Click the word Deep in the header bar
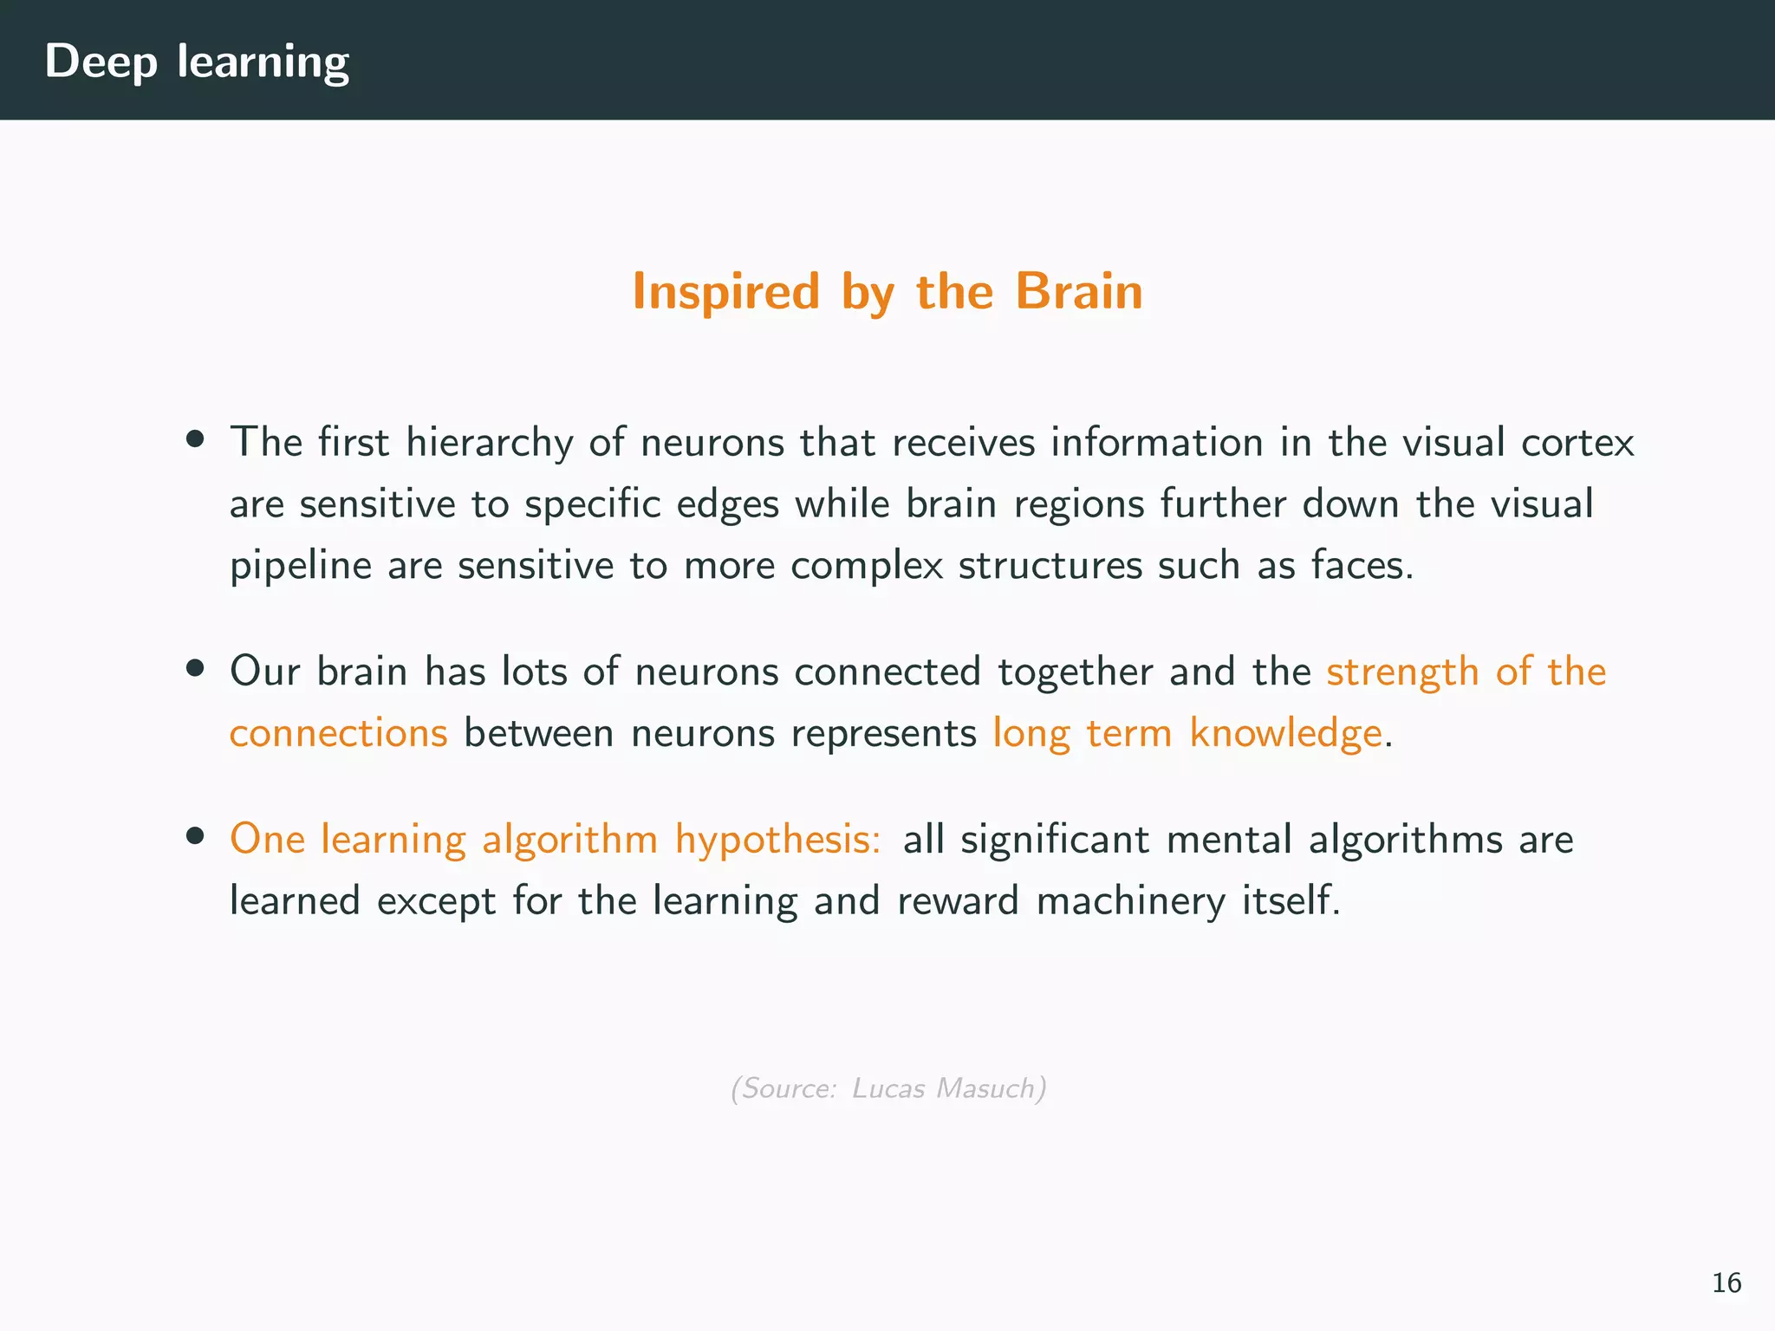coord(101,62)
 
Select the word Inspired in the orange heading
coord(725,291)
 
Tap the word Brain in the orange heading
coord(1078,291)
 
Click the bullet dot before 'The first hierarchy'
coord(195,439)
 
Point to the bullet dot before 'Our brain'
coord(195,668)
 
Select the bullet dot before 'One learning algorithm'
coord(195,836)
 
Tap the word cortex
coord(1577,443)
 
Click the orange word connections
coord(338,733)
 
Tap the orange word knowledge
coord(1285,734)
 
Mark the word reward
coord(958,900)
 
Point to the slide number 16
coord(1726,1282)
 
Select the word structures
coord(1050,566)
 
